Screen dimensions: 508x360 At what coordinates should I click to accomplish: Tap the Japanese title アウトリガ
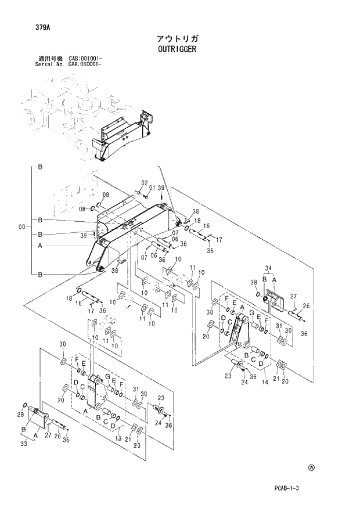tap(177, 38)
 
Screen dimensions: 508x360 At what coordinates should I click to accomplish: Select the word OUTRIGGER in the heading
tap(177, 49)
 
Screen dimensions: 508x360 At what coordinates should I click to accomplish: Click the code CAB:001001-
tap(85, 59)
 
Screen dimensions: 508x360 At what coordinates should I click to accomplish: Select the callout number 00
tap(22, 227)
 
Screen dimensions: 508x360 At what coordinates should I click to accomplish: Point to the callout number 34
tap(268, 268)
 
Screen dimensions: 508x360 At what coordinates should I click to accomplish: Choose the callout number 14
tap(265, 383)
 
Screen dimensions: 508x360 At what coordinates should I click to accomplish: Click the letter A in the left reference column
tap(39, 246)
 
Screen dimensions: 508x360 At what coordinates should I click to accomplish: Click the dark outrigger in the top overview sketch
tap(122, 136)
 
